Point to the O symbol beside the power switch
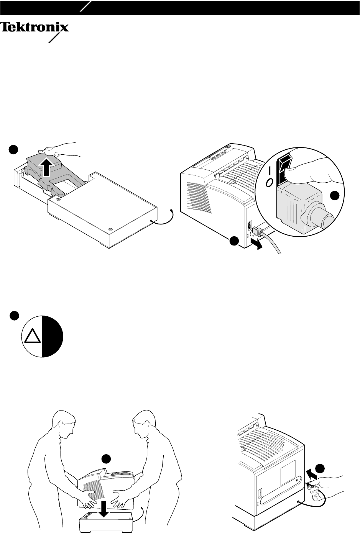point(270,183)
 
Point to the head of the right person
point(144,424)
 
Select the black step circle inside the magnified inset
point(335,196)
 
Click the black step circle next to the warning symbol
point(15,316)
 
